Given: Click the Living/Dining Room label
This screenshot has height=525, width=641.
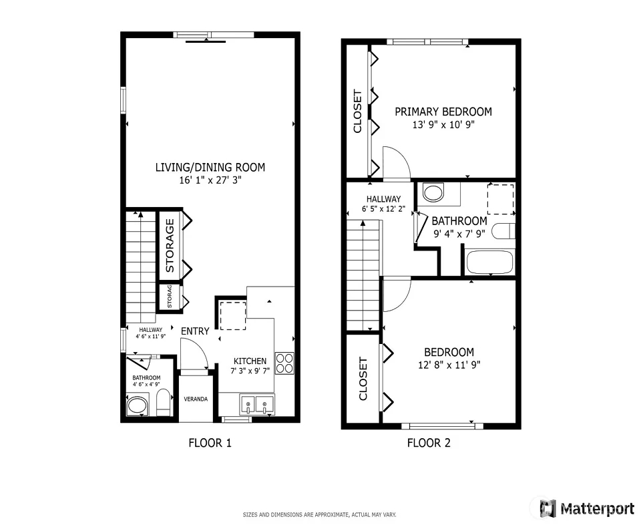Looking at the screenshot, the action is [210, 167].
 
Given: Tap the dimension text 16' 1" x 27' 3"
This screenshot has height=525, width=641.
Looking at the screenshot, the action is [210, 180].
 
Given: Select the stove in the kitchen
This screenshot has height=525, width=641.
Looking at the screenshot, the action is [284, 363].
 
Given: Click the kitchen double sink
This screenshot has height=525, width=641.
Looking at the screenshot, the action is [256, 404].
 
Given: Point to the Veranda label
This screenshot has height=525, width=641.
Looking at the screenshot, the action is [196, 399].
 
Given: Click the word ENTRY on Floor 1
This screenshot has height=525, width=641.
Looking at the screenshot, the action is [195, 331].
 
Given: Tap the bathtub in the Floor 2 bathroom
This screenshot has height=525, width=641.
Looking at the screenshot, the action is [489, 262].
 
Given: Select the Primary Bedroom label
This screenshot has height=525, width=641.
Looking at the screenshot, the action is [443, 112].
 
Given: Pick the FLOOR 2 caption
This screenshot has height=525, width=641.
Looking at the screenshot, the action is [429, 443].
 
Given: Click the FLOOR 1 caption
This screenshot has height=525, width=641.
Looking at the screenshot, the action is [210, 443].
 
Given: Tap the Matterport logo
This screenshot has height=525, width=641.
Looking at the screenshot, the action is [587, 509].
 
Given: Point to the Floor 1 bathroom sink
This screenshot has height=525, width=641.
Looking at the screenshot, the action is [138, 406].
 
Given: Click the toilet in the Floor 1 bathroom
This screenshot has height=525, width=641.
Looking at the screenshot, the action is [164, 402].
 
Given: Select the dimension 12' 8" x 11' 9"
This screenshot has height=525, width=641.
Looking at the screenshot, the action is [449, 365].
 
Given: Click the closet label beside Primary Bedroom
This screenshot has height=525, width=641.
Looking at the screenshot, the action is [358, 112].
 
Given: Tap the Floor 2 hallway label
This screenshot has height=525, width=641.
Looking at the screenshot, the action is [383, 199].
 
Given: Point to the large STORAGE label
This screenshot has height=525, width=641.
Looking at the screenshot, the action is [170, 245].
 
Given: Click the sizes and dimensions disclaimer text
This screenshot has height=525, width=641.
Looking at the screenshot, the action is [320, 515].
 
